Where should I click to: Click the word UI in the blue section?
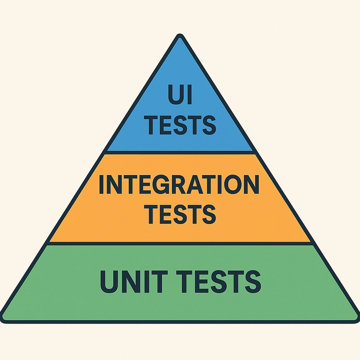(180, 94)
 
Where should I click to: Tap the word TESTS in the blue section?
(181, 125)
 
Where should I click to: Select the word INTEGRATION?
(179, 184)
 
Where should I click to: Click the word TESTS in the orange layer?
(181, 214)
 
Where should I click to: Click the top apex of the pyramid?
(180, 35)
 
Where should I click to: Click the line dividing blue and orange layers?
(180, 153)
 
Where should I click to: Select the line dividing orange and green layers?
(180, 243)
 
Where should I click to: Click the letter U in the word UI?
(175, 94)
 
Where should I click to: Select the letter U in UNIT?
(109, 282)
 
